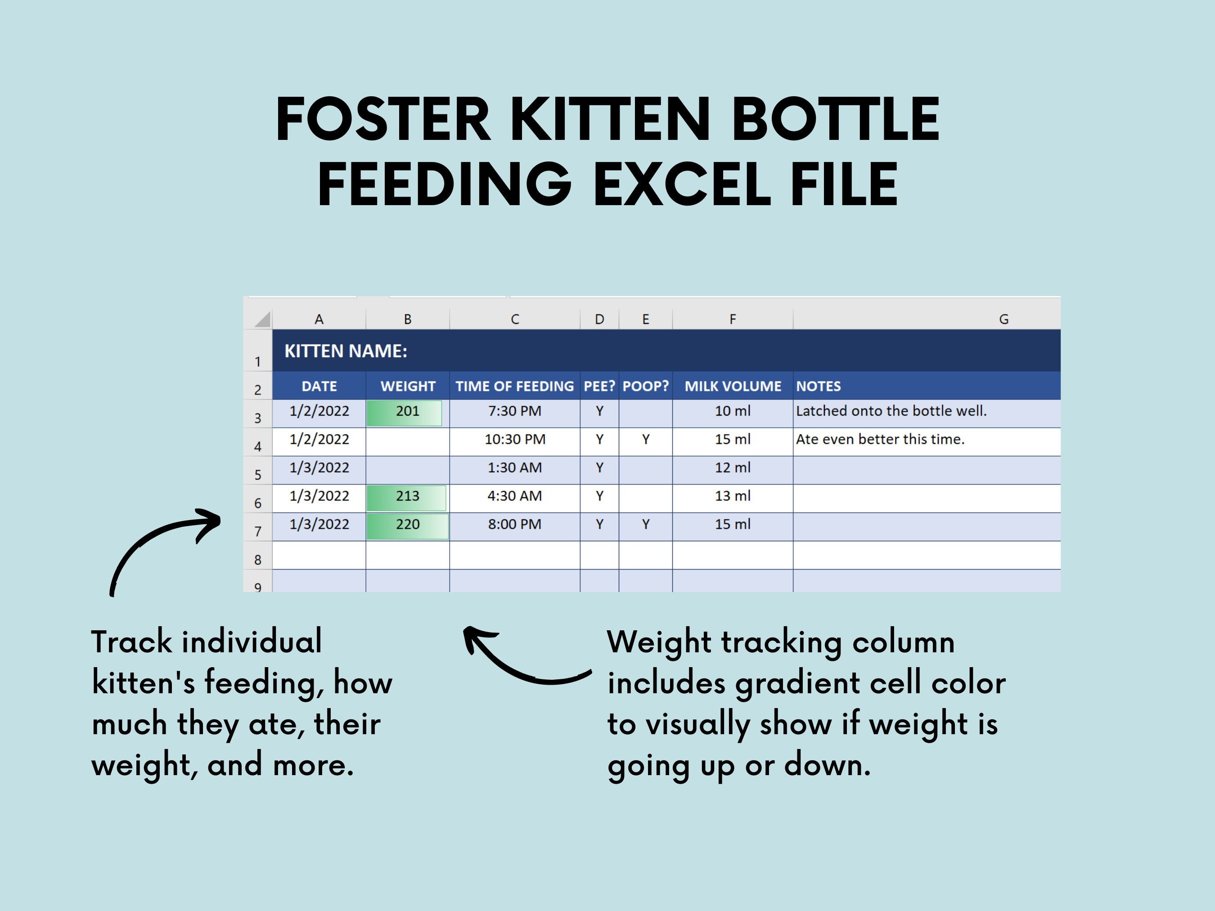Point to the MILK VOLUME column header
pyautogui.click(x=732, y=386)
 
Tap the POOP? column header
pyautogui.click(x=645, y=386)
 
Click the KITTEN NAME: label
pyautogui.click(x=346, y=351)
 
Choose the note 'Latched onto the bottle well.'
pyautogui.click(x=891, y=411)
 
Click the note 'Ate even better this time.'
pyautogui.click(x=880, y=439)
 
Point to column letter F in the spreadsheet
pyautogui.click(x=732, y=319)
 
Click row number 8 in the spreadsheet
pyautogui.click(x=257, y=560)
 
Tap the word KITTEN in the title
pyautogui.click(x=611, y=119)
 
